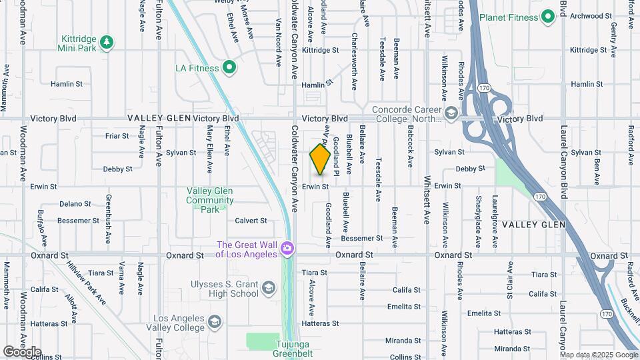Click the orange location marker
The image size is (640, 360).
tap(320, 159)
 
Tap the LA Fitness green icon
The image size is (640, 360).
tap(229, 67)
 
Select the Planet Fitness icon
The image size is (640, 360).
tap(549, 16)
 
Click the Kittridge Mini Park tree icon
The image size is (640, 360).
tap(107, 43)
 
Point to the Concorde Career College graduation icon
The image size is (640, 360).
tap(451, 114)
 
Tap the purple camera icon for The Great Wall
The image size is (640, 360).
tap(287, 249)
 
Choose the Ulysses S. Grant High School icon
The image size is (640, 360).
tap(269, 288)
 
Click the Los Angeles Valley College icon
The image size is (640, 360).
tap(215, 323)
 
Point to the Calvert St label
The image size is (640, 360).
tap(251, 221)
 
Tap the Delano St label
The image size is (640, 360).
tap(75, 203)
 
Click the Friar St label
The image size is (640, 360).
tap(117, 135)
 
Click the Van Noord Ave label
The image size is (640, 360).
tap(279, 41)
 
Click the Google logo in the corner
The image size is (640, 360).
tap(22, 352)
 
